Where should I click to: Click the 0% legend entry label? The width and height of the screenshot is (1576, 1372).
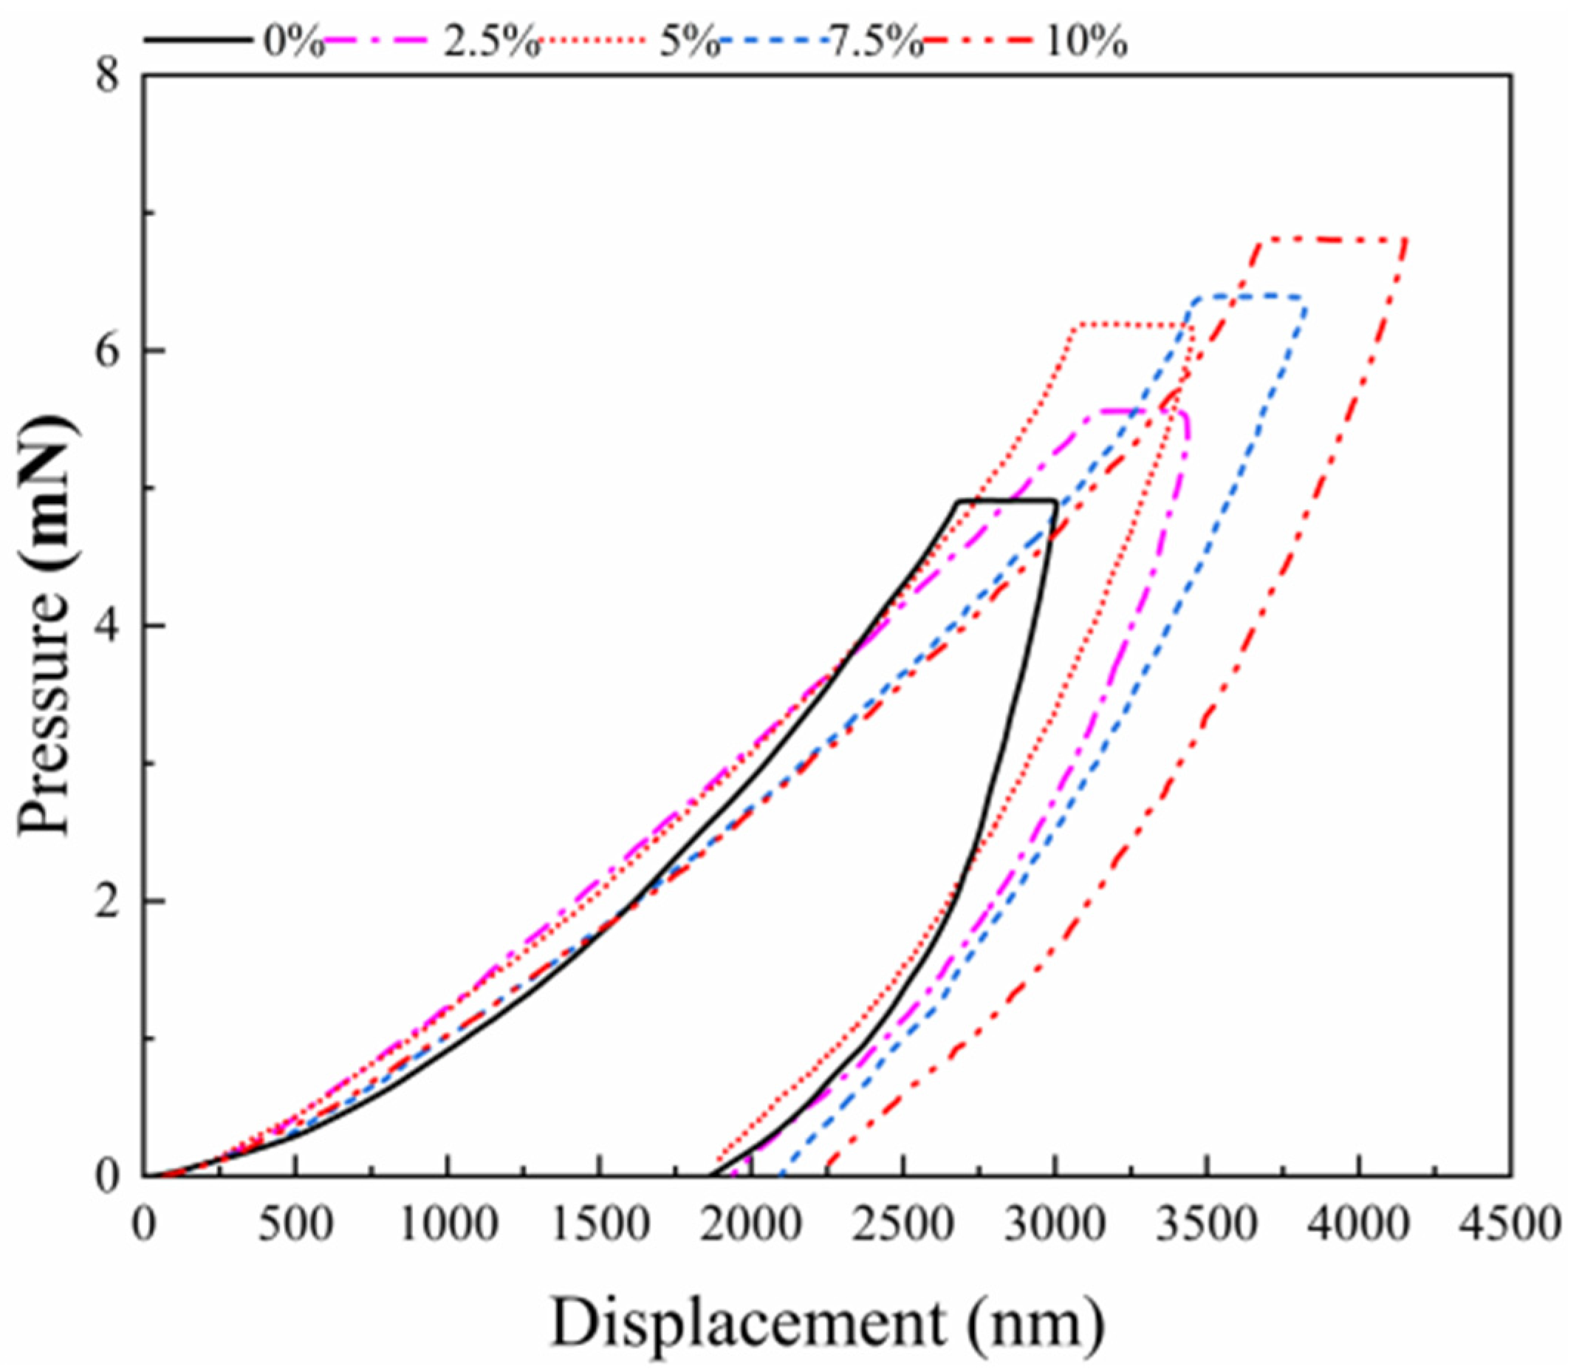[294, 44]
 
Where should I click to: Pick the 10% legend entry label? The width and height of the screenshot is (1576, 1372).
[1083, 44]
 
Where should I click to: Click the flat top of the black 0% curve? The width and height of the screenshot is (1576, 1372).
[1007, 501]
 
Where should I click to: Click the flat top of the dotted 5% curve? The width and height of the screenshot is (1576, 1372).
[1133, 325]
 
